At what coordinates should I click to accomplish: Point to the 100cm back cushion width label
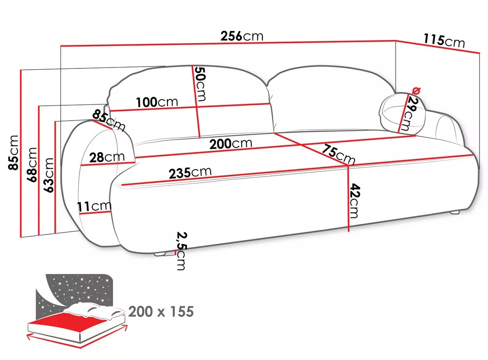point(157,102)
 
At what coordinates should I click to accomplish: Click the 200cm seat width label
point(230,144)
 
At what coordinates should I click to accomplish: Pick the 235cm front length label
point(190,173)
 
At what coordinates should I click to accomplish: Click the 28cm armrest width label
point(107,157)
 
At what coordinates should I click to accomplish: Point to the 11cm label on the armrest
point(94,207)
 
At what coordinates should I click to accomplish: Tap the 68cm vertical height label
point(32,164)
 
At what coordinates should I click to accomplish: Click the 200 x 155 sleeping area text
point(161,311)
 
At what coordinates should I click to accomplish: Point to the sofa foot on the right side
point(455,211)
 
